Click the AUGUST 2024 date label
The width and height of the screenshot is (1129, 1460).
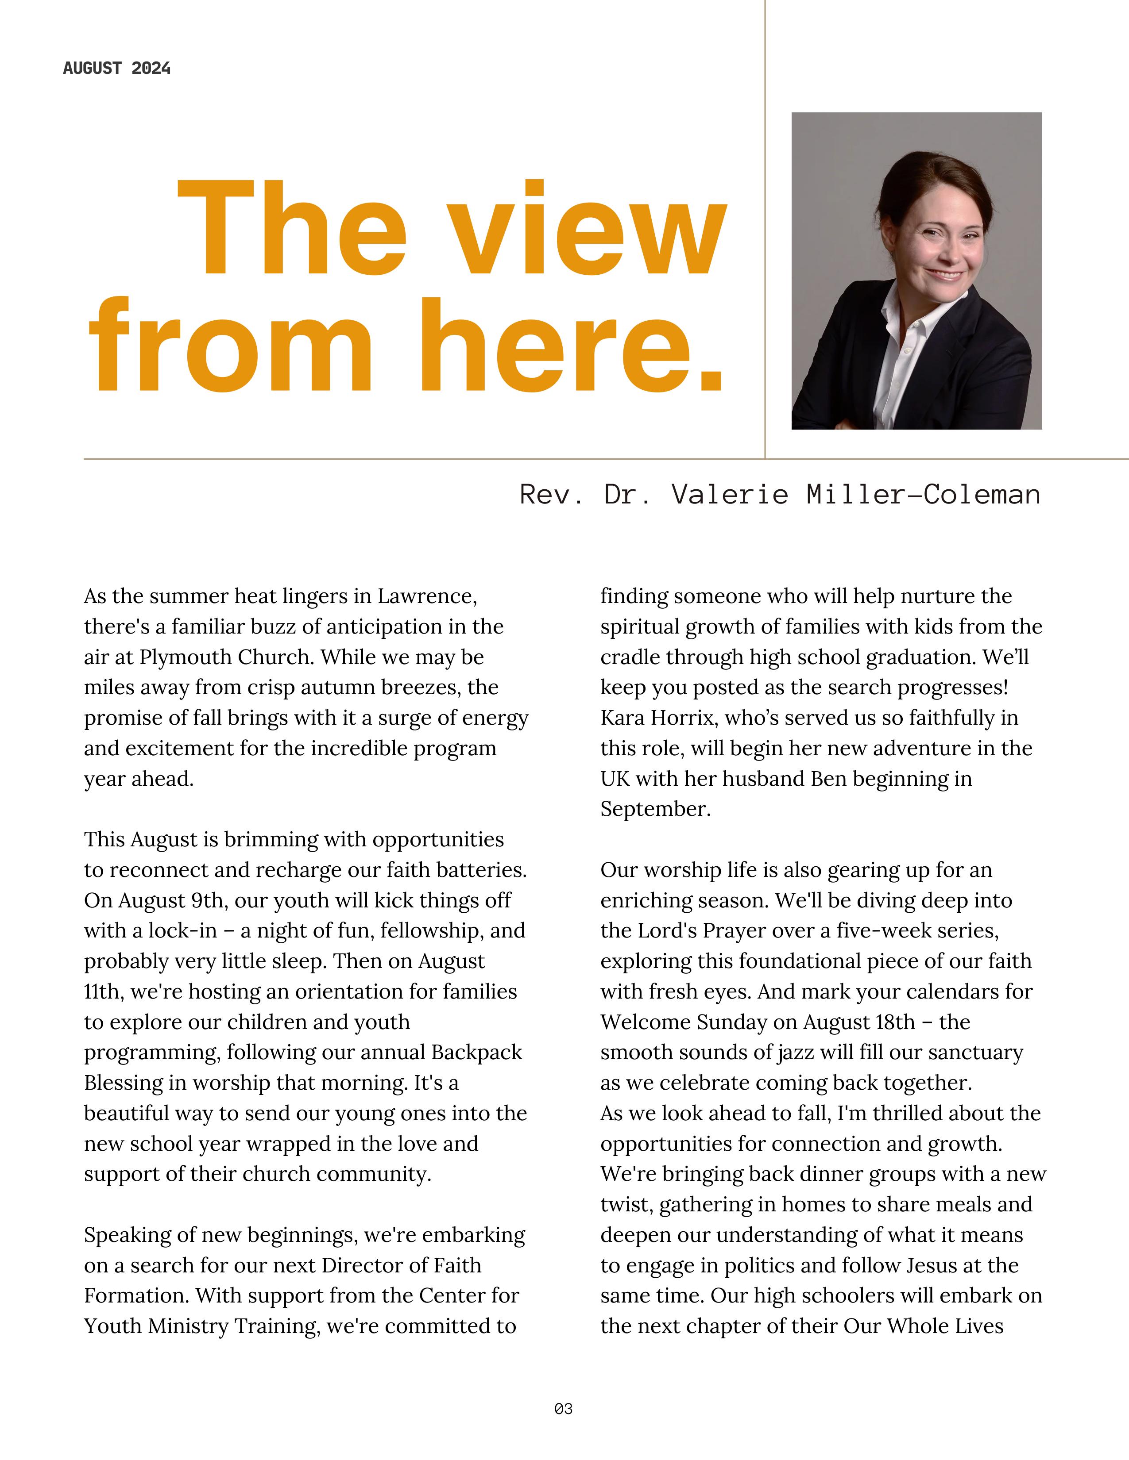click(x=116, y=68)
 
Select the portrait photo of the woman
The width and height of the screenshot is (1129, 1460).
click(x=916, y=271)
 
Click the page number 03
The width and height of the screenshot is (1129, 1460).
click(x=564, y=1409)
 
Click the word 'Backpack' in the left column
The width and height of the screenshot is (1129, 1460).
click(x=476, y=1052)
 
